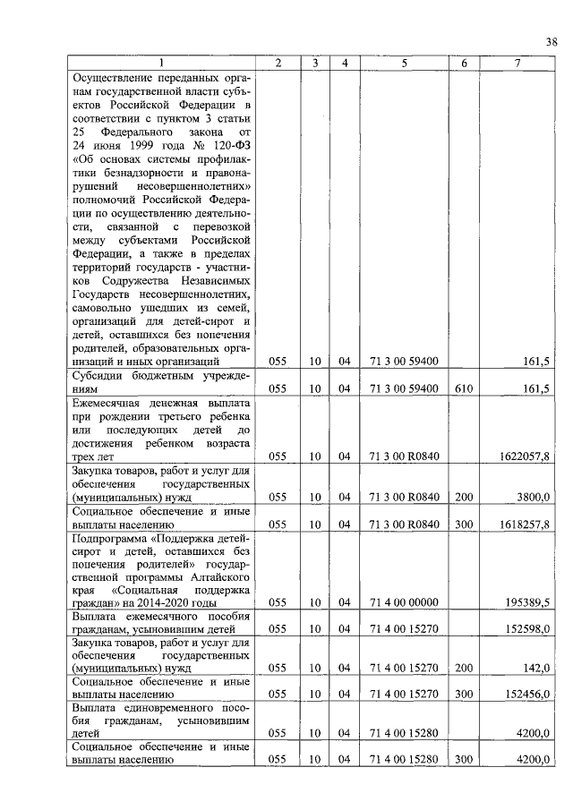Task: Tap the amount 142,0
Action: click(x=538, y=668)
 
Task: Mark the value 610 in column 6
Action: click(x=463, y=388)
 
